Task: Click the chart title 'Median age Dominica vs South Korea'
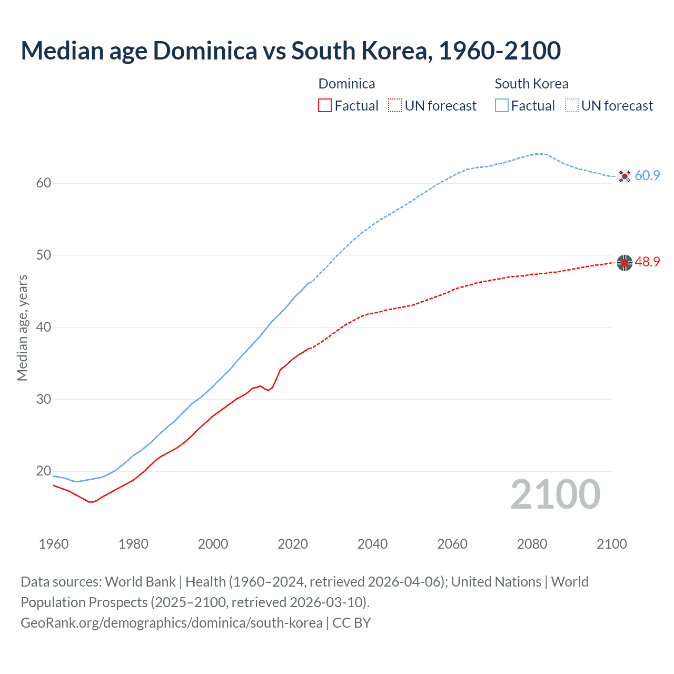coord(291,51)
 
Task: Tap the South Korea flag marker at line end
coord(625,176)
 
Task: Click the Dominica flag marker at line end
coord(625,262)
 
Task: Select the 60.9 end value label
coord(647,176)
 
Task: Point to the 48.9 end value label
coord(647,262)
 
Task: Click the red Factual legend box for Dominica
coord(325,106)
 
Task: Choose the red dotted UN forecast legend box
coord(395,106)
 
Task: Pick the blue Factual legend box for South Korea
coord(502,106)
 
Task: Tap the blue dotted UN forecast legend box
coord(572,106)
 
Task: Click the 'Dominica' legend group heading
coord(346,84)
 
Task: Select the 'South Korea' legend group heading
coord(531,84)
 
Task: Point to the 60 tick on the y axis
coord(44,183)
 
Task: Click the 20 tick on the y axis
coord(44,471)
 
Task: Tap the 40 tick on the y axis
coord(44,328)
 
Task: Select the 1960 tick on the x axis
coord(54,544)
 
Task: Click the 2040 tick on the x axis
coord(372,544)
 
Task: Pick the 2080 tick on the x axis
coord(532,544)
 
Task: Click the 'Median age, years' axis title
coord(22,328)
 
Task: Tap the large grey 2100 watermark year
coord(555,494)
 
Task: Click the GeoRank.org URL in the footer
coord(171,623)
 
